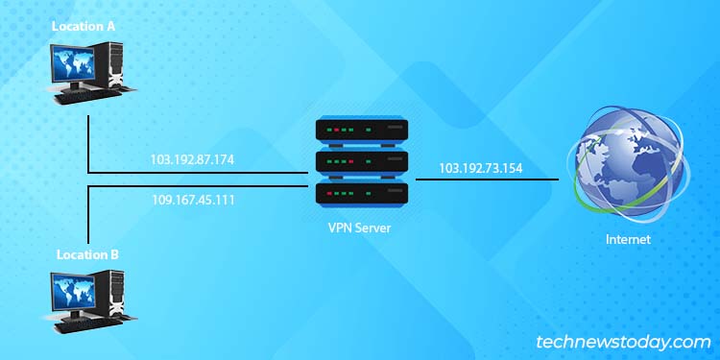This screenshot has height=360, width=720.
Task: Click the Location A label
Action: [x=84, y=26]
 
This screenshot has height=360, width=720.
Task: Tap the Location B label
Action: [x=87, y=255]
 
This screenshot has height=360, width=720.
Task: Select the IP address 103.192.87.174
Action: [x=192, y=160]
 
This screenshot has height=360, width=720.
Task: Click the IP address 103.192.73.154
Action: [x=482, y=167]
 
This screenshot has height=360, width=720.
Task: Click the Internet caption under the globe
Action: [x=629, y=239]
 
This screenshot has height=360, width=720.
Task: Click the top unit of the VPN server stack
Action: [x=362, y=131]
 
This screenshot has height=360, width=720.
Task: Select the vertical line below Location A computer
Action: [x=88, y=144]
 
